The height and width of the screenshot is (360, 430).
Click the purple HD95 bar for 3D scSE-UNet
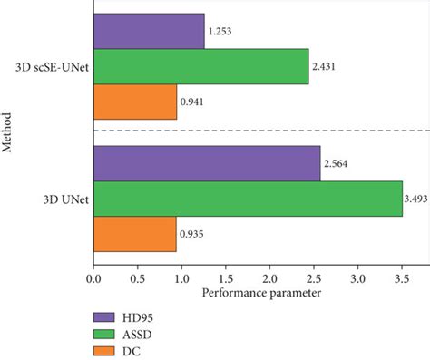coord(148,31)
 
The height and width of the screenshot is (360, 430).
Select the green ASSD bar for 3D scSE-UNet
coord(200,66)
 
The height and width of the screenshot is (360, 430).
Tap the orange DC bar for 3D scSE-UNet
coord(134,102)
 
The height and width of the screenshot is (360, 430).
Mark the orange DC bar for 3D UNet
coord(134,234)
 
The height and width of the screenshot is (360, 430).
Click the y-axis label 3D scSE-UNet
coord(50,66)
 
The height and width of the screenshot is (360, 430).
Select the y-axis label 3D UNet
coord(64,199)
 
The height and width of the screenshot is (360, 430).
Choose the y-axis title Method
coord(9,132)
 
